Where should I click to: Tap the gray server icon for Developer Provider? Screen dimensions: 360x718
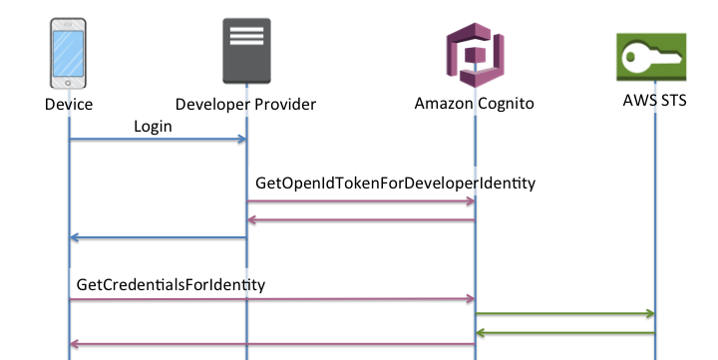(x=245, y=51)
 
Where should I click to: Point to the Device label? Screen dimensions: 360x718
(x=69, y=104)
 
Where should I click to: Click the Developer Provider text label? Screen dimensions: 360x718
(x=245, y=104)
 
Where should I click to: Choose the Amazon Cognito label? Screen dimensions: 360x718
(x=475, y=104)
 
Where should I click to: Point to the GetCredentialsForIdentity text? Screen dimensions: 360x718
(x=171, y=284)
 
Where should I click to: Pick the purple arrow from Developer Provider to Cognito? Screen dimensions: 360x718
(x=361, y=201)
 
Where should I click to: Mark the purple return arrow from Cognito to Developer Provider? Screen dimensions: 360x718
(x=361, y=220)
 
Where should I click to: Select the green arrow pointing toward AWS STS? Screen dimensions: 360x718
(x=564, y=314)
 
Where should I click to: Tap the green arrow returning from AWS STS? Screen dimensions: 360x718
(x=564, y=332)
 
